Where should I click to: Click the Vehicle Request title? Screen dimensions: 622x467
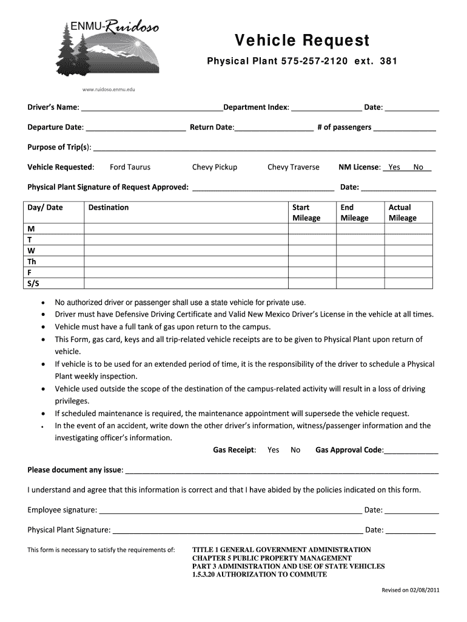click(302, 40)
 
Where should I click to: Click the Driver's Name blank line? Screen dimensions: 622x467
click(152, 108)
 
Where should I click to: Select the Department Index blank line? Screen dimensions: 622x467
click(326, 108)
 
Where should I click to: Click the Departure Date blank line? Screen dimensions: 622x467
click(136, 128)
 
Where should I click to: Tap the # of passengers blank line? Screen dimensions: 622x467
click(405, 128)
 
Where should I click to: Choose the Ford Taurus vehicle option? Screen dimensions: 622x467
click(130, 167)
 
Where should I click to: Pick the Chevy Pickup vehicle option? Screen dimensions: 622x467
click(215, 167)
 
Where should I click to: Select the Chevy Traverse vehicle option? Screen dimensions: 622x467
click(293, 167)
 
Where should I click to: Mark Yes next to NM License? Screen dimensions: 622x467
click(394, 167)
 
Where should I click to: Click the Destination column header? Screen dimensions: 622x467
click(109, 208)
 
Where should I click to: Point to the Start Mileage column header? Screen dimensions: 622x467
click(306, 213)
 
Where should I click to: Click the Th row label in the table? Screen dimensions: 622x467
click(32, 261)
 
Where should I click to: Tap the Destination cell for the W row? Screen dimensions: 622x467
click(186, 250)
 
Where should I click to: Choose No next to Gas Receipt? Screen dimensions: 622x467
click(295, 450)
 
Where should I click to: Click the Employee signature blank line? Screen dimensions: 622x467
click(230, 510)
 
